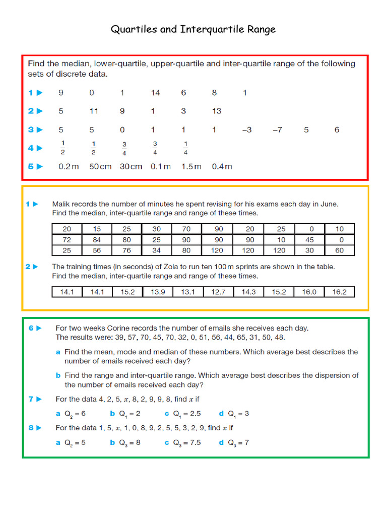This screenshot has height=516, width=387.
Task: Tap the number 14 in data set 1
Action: [155, 93]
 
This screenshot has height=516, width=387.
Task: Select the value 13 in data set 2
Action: [216, 111]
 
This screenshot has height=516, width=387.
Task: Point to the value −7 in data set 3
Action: [277, 130]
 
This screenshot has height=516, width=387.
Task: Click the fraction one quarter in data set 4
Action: [185, 148]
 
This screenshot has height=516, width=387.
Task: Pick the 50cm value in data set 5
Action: [100, 167]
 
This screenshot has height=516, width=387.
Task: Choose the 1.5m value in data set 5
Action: [191, 167]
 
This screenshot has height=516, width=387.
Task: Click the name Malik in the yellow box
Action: [62, 204]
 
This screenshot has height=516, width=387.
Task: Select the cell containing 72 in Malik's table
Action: [67, 239]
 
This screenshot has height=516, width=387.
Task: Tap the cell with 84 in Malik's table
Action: [96, 239]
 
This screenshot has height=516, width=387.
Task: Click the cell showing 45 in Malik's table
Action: [309, 239]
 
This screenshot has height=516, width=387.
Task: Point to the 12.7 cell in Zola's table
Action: [218, 292]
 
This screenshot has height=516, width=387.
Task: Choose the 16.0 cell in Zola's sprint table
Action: [309, 292]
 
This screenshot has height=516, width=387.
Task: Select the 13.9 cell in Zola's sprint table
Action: [157, 292]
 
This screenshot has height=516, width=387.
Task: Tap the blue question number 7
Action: [31, 399]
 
